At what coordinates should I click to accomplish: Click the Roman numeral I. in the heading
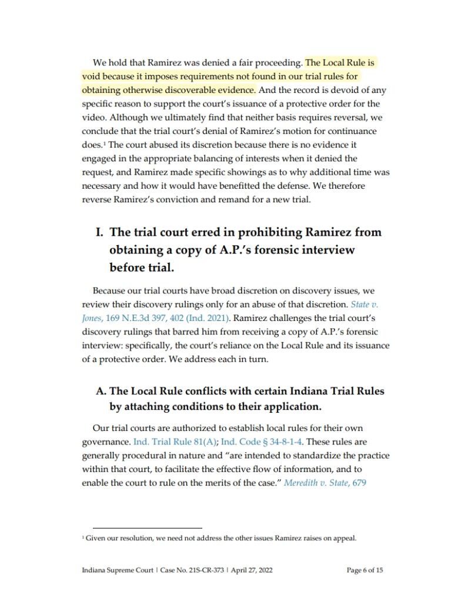point(99,233)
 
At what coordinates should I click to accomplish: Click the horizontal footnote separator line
point(147,528)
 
